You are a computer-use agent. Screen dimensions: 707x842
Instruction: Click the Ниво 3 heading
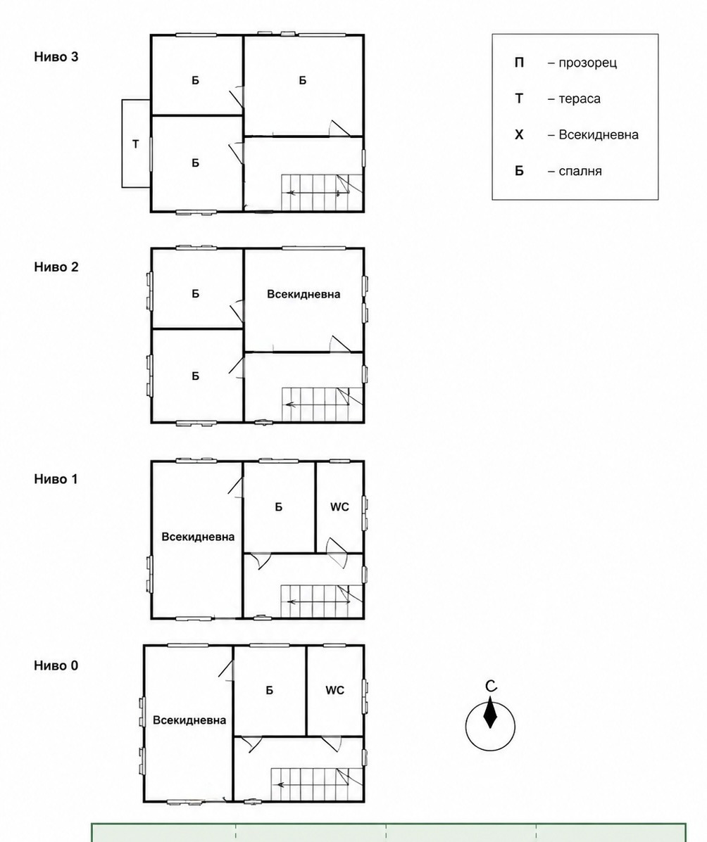[56, 56]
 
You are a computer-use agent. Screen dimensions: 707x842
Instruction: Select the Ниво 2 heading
[56, 267]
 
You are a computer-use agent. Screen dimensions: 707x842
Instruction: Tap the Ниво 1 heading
[56, 479]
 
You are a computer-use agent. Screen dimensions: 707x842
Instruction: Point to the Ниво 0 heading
[56, 665]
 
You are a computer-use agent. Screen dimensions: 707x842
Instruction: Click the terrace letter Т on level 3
[135, 144]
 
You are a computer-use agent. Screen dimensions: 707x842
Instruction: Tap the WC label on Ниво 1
[339, 506]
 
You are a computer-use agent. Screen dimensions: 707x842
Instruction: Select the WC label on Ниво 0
[334, 690]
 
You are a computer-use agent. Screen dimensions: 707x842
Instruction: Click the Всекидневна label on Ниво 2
[304, 294]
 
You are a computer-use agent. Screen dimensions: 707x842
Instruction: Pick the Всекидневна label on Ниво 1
[198, 537]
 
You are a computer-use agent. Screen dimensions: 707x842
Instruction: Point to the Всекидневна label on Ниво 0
[189, 720]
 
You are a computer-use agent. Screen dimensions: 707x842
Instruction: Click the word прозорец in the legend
[588, 63]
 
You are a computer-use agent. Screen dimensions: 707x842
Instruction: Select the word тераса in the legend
[580, 98]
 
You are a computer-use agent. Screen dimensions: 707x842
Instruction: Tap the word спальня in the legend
[580, 172]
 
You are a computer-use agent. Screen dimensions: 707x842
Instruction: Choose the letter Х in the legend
[519, 134]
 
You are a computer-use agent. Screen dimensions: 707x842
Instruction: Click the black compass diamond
[490, 713]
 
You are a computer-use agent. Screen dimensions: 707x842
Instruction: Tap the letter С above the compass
[490, 686]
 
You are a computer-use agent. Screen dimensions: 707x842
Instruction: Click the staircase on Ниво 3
[322, 192]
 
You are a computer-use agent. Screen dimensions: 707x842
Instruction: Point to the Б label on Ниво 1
[278, 506]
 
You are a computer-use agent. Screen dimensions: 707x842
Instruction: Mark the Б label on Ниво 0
[270, 690]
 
